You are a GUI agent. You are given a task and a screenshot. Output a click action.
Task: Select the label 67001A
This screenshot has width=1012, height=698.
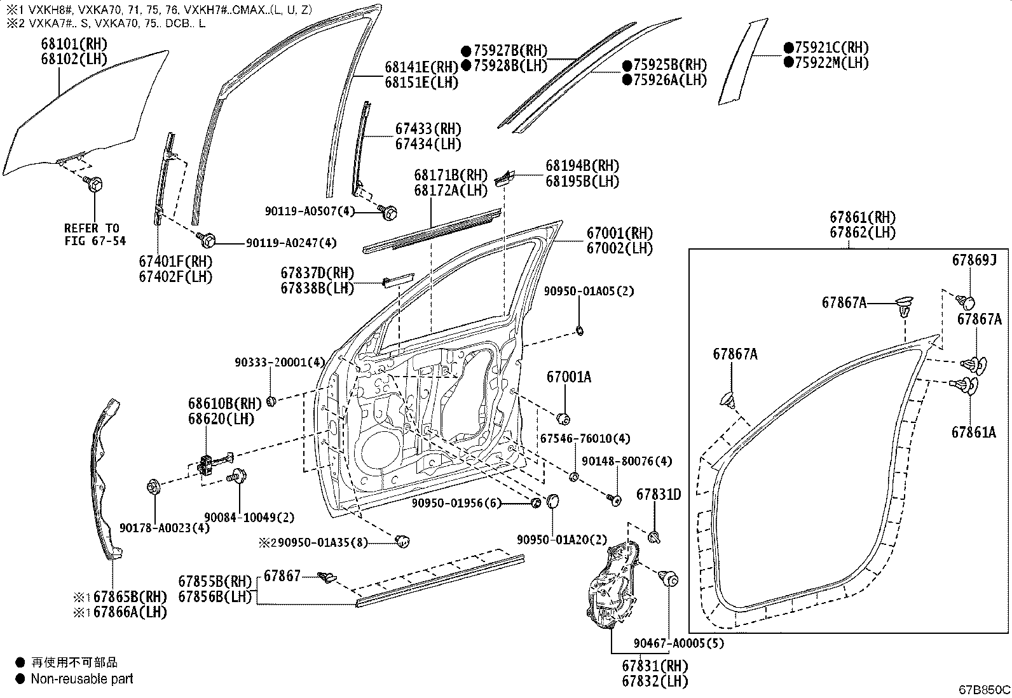(x=568, y=377)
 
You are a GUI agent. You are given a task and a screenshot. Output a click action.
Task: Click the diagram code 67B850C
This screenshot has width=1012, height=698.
(x=984, y=690)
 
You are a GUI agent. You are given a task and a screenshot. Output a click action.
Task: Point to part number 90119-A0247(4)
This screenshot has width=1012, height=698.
(x=282, y=243)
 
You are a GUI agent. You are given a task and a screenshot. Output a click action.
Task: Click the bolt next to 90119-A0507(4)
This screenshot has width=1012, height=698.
(x=388, y=211)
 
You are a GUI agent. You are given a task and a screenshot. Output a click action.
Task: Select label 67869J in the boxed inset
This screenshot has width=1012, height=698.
(x=973, y=260)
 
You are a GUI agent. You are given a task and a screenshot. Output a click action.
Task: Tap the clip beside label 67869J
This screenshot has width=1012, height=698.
(x=967, y=301)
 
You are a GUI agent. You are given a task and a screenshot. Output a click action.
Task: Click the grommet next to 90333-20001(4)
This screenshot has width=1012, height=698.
(x=271, y=401)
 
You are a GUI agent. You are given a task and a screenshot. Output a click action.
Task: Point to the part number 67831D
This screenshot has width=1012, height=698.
(x=659, y=495)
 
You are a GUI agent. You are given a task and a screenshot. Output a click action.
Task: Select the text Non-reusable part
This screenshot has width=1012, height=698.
(x=82, y=679)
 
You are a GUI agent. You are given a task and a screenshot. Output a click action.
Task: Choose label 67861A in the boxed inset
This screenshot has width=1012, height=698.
(x=973, y=433)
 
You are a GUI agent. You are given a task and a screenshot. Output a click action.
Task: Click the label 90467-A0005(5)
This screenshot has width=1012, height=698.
(x=678, y=643)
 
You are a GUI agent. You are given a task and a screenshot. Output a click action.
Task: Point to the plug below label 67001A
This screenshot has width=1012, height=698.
(x=562, y=418)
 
